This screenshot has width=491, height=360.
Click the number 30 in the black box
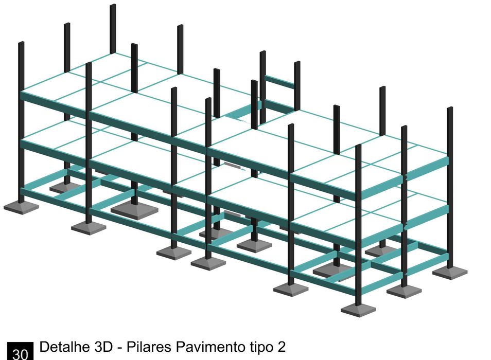[20, 354]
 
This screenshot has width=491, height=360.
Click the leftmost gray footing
[21, 207]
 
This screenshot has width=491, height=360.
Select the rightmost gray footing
[450, 273]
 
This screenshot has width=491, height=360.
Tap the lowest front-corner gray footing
[358, 310]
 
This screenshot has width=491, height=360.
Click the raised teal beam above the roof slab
[280, 81]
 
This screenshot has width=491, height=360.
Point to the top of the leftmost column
[21, 43]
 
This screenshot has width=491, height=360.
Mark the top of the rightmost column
[450, 109]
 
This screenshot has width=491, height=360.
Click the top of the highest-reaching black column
[113, 6]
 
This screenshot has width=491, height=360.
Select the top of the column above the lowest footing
[358, 147]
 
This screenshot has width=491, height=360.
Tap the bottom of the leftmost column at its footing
[21, 202]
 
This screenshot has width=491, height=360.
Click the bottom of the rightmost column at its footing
[450, 267]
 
